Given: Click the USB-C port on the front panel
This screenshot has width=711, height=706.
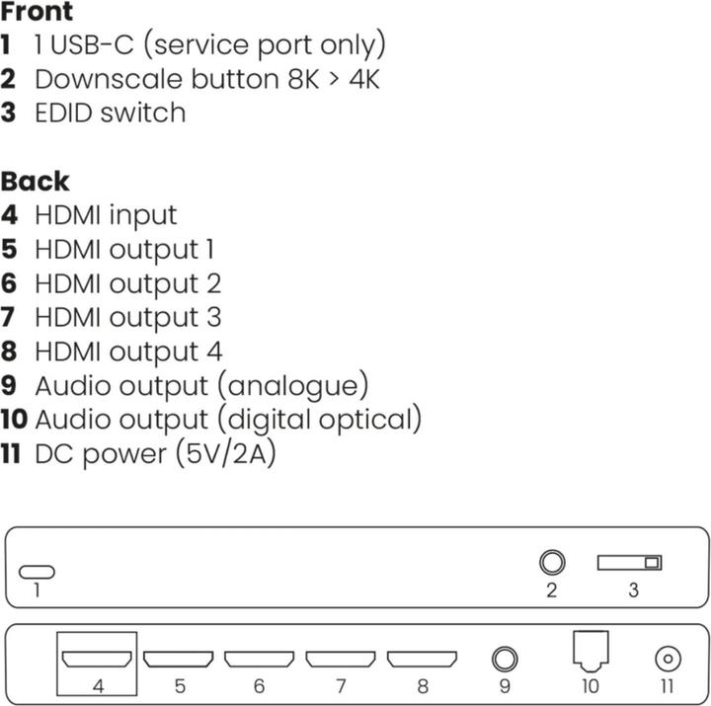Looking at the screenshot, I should [38, 572].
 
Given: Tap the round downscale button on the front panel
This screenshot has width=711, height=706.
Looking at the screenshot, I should [552, 563].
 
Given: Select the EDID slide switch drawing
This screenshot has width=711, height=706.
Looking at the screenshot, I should [629, 563].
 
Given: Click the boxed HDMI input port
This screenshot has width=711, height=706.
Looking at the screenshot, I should [96, 658].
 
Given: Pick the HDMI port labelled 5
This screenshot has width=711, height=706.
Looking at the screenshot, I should [178, 658].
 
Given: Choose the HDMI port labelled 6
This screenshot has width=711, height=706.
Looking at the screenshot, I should [259, 658].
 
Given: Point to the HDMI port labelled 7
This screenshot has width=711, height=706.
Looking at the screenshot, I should [341, 658].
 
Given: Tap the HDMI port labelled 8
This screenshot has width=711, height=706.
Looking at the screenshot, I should [422, 658].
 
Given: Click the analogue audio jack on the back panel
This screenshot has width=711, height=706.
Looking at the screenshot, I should [505, 658].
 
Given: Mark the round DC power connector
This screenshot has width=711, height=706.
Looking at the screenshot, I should [667, 658].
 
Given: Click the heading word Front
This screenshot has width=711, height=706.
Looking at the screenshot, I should [37, 13].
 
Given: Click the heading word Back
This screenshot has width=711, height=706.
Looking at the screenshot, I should [35, 182].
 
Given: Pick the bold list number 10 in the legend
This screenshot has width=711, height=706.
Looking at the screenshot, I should [14, 420].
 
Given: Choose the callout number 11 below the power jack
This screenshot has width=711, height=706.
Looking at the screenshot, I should [667, 686].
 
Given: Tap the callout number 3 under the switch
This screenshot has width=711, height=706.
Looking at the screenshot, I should [633, 591].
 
